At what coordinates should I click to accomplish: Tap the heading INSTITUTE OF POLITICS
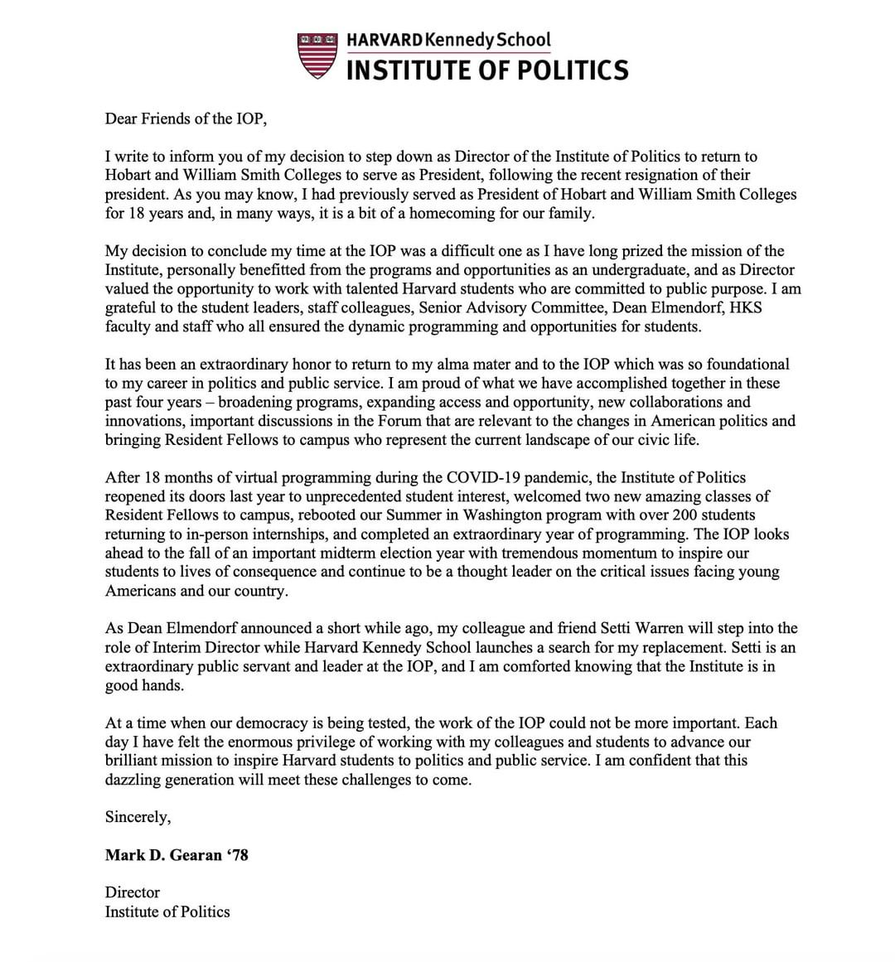coord(486,70)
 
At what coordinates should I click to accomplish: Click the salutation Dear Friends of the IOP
coord(186,118)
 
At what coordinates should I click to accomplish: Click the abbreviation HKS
coord(746,307)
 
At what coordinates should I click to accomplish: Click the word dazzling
coord(135,780)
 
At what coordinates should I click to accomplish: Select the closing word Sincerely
coord(138,817)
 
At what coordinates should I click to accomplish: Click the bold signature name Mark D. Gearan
coord(162,855)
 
